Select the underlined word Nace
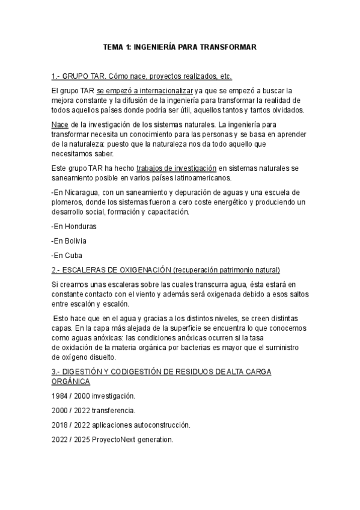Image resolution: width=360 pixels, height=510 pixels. pyautogui.click(x=60, y=124)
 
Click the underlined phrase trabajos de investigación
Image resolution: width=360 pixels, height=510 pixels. pyautogui.click(x=176, y=168)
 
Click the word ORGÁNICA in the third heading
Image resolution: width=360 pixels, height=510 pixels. pyautogui.click(x=71, y=381)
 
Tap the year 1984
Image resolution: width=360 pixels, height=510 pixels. pyautogui.click(x=61, y=396)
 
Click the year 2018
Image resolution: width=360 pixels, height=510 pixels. pyautogui.click(x=61, y=425)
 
